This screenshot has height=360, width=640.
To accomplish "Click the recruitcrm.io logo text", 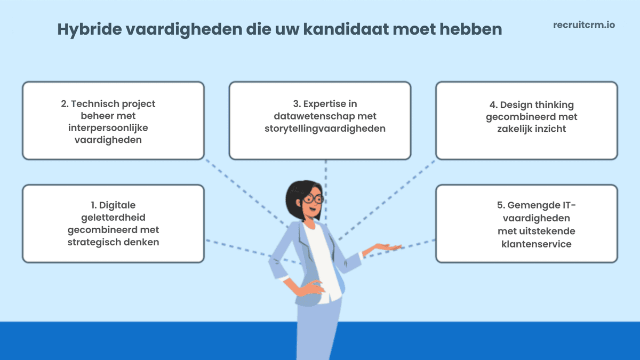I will (x=584, y=25).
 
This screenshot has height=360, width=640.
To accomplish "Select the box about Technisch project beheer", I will (x=113, y=121).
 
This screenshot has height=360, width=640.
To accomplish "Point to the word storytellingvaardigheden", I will (x=325, y=129).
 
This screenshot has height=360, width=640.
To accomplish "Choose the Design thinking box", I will (x=526, y=121).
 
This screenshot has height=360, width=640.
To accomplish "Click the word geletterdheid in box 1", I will (x=113, y=218).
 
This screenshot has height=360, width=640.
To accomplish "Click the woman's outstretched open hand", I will (x=387, y=247).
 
